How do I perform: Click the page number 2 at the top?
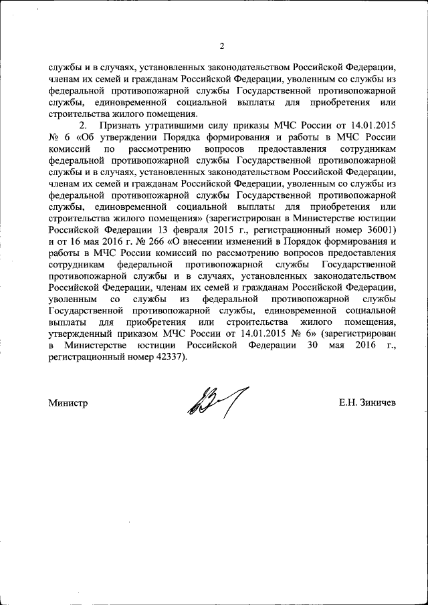click(222, 46)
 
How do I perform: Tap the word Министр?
click(68, 403)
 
